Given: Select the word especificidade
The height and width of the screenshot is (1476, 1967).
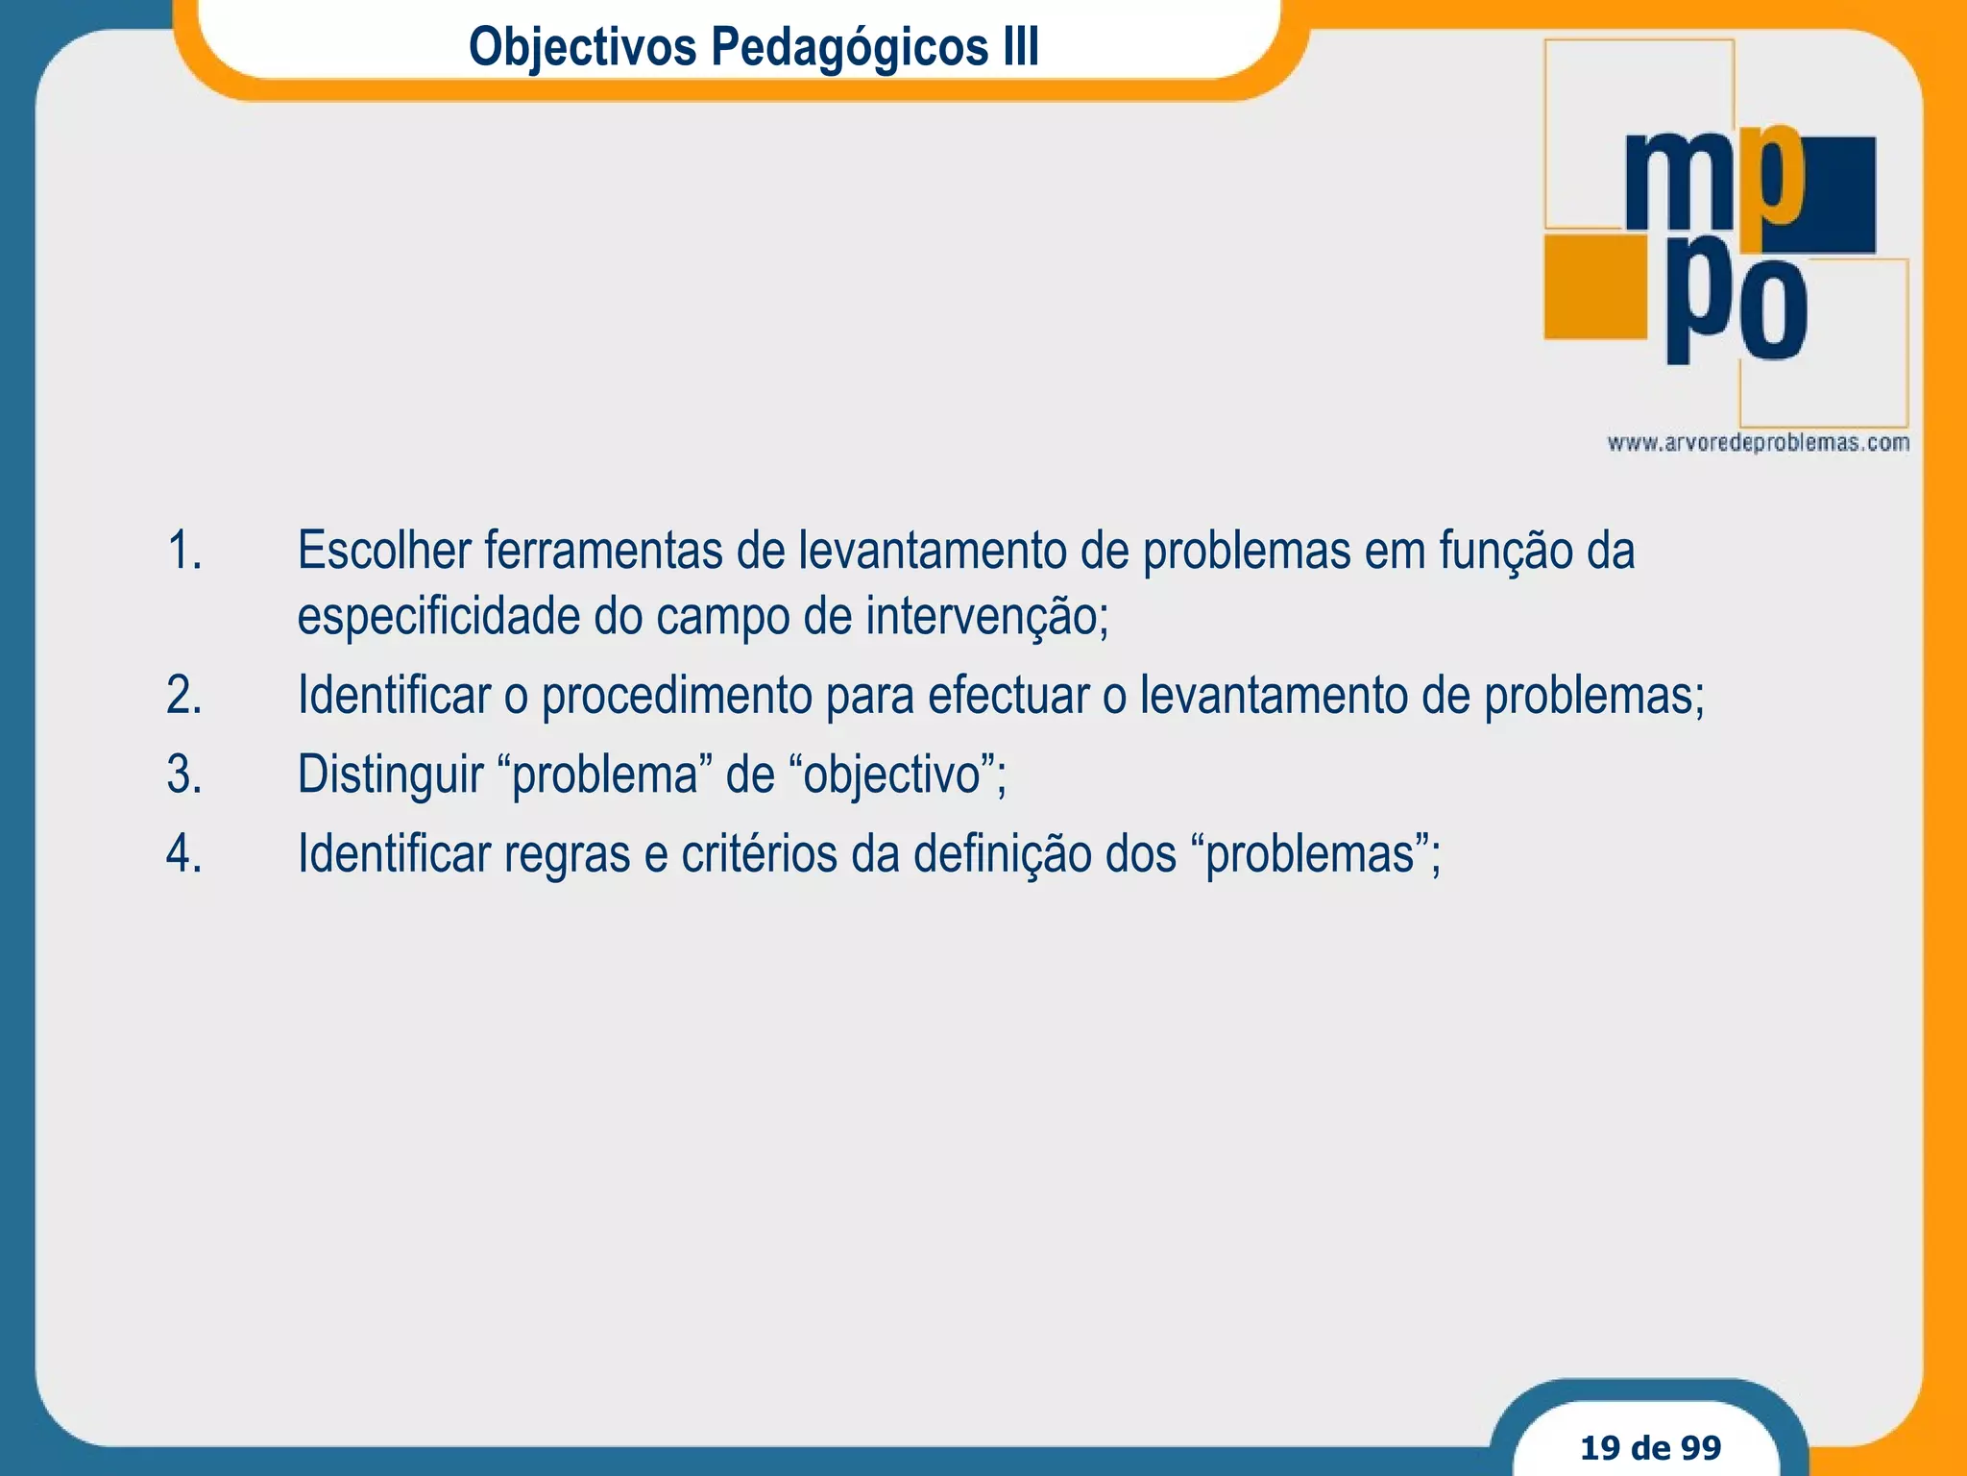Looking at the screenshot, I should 437,617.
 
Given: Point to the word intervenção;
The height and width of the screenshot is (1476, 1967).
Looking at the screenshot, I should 986,617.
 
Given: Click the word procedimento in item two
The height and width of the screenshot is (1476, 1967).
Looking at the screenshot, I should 677,696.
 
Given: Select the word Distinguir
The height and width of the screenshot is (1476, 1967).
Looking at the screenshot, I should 390,775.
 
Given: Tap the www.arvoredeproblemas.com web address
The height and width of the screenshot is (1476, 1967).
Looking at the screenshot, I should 1758,443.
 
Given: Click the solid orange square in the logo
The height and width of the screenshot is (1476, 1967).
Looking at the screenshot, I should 1594,286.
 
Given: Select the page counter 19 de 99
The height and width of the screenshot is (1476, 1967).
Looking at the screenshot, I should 1650,1447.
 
